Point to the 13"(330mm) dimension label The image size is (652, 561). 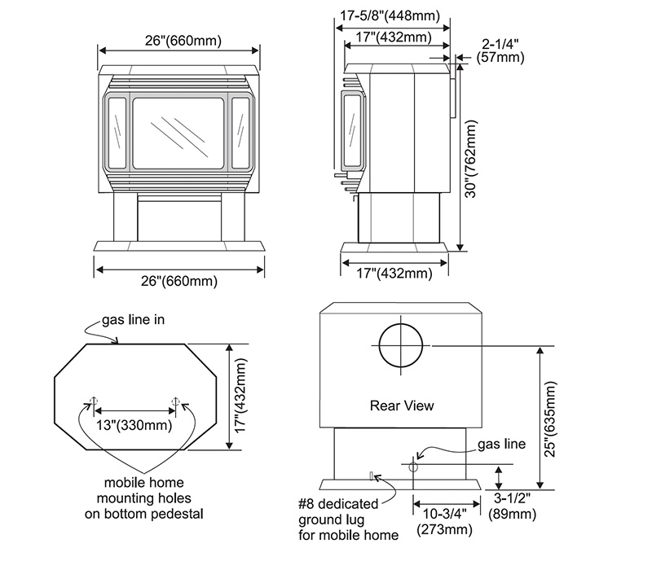click(135, 424)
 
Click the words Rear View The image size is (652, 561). click(402, 405)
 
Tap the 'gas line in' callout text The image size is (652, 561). click(133, 320)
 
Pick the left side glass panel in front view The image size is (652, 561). click(115, 132)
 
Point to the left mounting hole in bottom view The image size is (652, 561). click(94, 401)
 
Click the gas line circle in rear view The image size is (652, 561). click(412, 468)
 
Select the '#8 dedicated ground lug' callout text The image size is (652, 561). click(349, 517)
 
